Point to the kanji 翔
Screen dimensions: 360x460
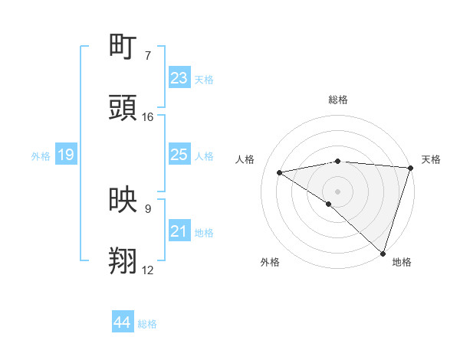(123, 260)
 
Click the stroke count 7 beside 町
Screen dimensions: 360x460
(147, 56)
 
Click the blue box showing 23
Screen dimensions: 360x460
(179, 78)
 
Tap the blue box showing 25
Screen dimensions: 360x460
(179, 155)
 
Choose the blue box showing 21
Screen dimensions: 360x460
(179, 231)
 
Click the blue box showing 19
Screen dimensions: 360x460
(66, 155)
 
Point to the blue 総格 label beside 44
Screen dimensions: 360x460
(147, 324)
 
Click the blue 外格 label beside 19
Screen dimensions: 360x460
(41, 156)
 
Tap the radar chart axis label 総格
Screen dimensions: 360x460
(337, 100)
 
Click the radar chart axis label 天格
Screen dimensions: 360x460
(431, 159)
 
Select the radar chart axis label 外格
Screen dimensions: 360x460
(270, 262)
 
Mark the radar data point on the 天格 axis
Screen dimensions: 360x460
(411, 167)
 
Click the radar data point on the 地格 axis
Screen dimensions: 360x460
(383, 253)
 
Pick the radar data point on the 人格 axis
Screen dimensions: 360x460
(280, 172)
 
